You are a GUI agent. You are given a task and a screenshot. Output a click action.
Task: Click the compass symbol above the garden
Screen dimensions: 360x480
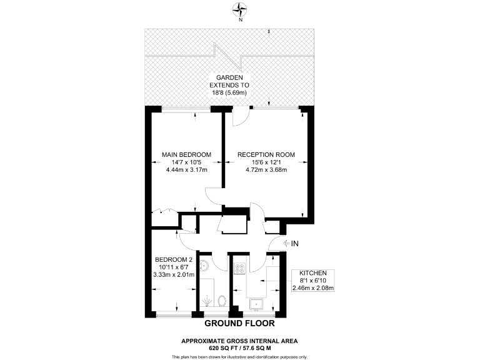click(x=240, y=9)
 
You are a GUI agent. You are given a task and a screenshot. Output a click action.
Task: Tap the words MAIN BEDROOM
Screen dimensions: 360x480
click(x=186, y=155)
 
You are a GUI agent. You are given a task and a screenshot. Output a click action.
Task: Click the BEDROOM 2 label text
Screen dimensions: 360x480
click(x=174, y=259)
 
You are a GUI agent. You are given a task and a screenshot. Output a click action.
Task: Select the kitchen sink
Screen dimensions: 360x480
click(x=255, y=304)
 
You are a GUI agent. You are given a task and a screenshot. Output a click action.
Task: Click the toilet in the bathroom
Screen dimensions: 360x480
click(x=223, y=302)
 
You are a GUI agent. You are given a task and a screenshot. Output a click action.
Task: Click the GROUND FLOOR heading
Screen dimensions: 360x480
click(x=239, y=324)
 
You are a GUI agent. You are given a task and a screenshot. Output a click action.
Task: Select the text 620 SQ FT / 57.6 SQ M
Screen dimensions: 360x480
click(x=239, y=347)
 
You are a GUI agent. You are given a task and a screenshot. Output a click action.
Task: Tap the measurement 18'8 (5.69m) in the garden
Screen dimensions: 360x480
click(x=239, y=93)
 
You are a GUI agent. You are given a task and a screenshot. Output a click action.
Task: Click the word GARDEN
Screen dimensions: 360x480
click(x=240, y=77)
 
